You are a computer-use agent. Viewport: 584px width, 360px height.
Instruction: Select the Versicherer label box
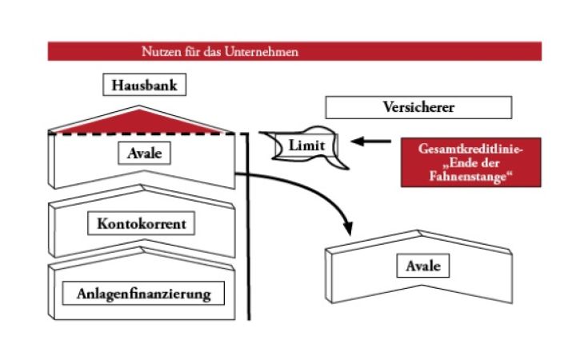point(418,107)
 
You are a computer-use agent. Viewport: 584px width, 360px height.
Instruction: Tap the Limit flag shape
point(306,147)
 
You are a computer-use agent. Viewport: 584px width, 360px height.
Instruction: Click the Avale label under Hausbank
point(144,152)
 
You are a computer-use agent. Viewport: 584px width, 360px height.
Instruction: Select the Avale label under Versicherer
point(422,266)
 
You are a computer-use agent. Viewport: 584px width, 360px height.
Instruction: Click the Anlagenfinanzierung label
point(143,294)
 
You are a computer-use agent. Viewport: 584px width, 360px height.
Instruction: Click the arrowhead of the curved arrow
point(350,228)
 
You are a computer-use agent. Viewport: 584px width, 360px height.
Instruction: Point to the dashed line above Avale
point(144,134)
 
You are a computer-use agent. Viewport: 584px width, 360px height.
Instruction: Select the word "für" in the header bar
point(190,51)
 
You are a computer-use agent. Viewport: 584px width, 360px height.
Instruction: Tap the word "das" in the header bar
point(212,51)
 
